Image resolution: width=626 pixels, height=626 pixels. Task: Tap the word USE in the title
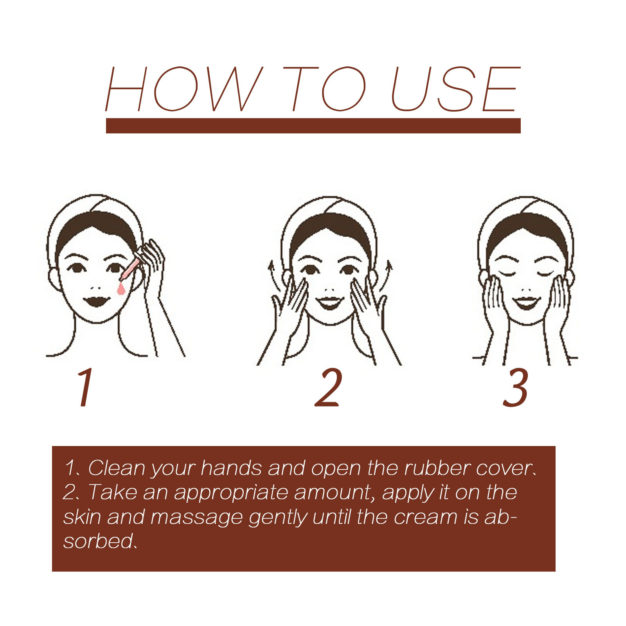[456, 89]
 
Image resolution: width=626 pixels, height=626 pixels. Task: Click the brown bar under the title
[313, 126]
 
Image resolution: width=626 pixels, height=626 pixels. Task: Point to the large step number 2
[329, 387]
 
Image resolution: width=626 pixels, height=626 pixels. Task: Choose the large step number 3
[516, 387]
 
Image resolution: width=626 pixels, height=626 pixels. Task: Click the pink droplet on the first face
[121, 289]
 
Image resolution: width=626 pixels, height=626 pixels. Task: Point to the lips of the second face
[330, 302]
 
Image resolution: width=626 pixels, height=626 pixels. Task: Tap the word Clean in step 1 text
[116, 468]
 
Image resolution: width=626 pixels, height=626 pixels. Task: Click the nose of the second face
[330, 290]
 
